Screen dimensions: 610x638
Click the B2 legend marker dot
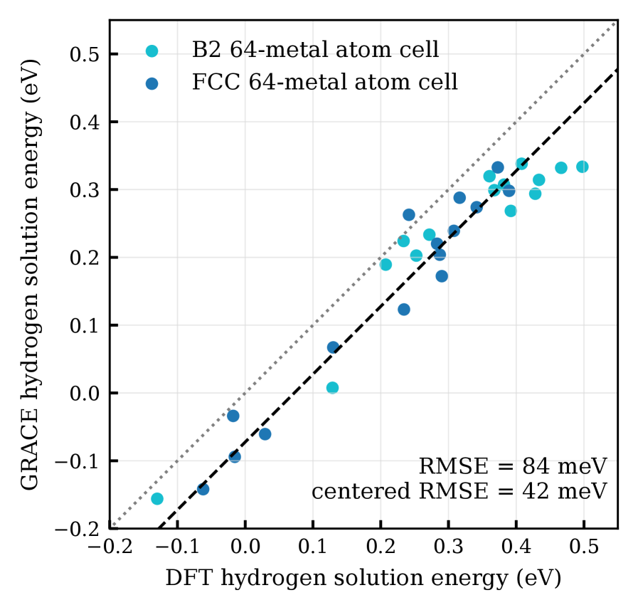[151, 51]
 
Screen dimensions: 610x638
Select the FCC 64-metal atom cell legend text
[324, 83]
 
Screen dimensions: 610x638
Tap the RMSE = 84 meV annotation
[512, 467]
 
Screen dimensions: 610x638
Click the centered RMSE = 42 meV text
[459, 491]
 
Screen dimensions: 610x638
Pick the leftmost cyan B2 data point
[157, 498]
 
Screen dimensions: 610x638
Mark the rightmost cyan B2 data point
[583, 167]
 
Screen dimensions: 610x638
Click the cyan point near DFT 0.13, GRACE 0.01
[332, 388]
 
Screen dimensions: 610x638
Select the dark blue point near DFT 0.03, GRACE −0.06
[265, 434]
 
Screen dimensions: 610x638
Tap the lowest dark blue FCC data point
[203, 489]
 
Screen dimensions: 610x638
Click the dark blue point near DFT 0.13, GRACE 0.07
[333, 347]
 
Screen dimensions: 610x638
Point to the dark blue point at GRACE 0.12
[404, 310]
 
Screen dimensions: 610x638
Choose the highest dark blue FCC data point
[498, 168]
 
